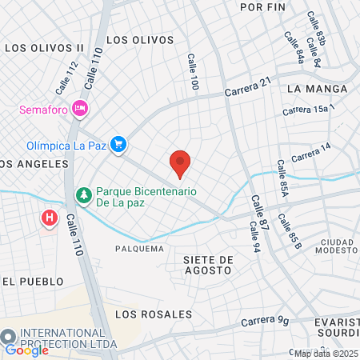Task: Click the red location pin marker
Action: point(180,163)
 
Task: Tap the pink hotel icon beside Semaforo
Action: point(79,107)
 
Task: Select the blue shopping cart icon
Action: point(118,144)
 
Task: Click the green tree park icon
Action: point(83,194)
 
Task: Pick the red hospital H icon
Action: point(50,217)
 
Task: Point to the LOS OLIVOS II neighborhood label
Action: point(45,48)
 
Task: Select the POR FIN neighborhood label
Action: point(262,6)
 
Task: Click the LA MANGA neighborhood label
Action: point(317,88)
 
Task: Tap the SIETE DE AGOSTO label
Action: point(207,265)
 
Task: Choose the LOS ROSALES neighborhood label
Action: point(154,314)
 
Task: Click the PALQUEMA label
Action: point(139,249)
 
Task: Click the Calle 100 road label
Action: point(192,71)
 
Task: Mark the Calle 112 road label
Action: point(67,77)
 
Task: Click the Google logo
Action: point(26,350)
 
